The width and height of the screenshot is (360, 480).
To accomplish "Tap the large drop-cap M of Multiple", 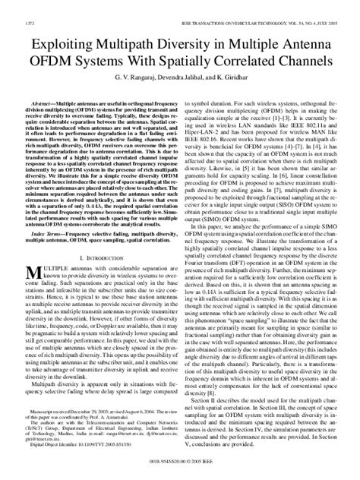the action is click(33, 274).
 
